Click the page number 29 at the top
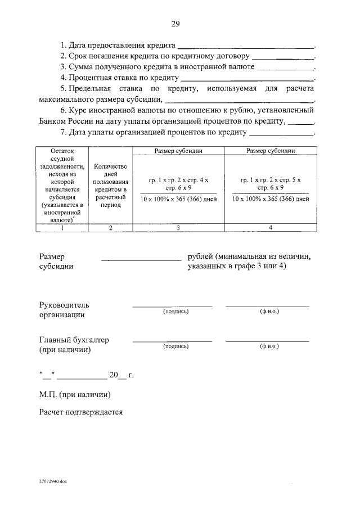click(175, 24)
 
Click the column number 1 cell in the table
click(62, 227)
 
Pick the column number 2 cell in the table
click(110, 227)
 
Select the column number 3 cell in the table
click(178, 227)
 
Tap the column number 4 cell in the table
click(271, 227)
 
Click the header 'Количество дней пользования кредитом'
click(110, 186)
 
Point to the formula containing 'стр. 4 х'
click(178, 183)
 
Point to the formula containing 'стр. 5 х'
click(271, 183)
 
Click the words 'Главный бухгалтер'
click(74, 340)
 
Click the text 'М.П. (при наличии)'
click(75, 394)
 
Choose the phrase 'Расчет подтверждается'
click(81, 412)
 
